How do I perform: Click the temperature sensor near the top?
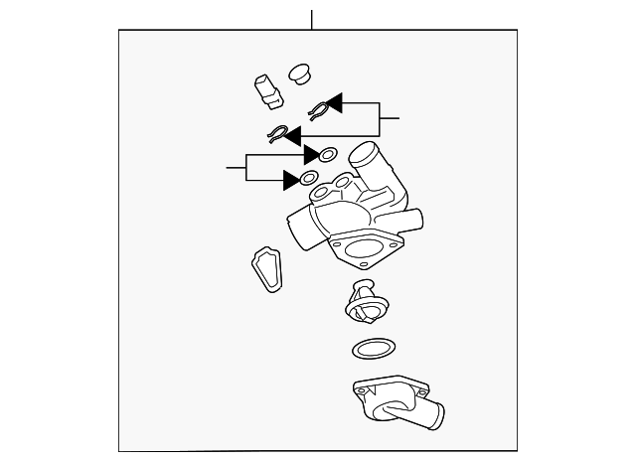pyautogui.click(x=268, y=90)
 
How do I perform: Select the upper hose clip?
pyautogui.click(x=319, y=110)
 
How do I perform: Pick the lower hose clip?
pyautogui.click(x=279, y=134)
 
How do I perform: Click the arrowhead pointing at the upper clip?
pyautogui.click(x=335, y=103)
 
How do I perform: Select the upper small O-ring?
pyautogui.click(x=327, y=155)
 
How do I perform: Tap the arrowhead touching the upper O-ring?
pyautogui.click(x=311, y=155)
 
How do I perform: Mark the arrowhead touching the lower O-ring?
pyautogui.click(x=291, y=180)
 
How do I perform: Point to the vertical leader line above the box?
pyautogui.click(x=312, y=19)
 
